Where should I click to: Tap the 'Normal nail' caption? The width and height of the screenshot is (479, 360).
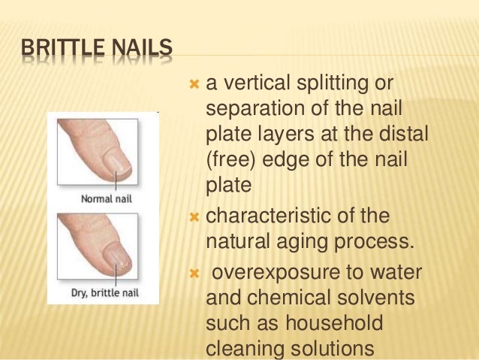[x=105, y=200]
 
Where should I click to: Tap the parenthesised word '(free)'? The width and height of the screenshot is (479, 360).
[x=229, y=161]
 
